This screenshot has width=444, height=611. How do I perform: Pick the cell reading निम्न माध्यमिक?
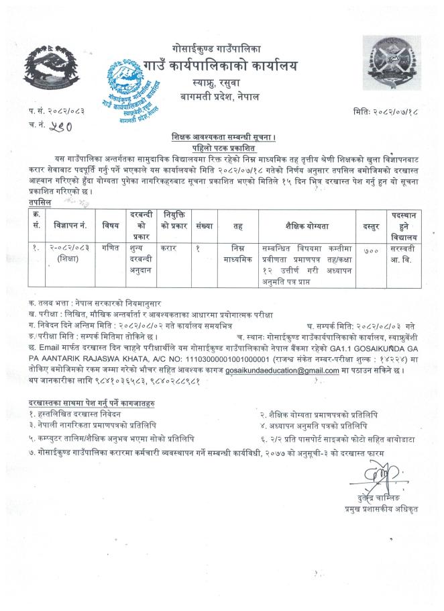click(x=237, y=252)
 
